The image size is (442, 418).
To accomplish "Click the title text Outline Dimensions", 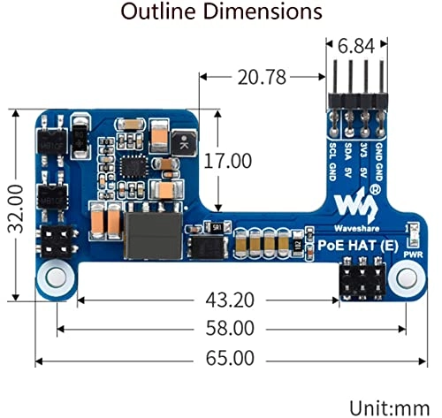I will [x=221, y=12].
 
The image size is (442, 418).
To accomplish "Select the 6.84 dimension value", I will [x=355, y=43].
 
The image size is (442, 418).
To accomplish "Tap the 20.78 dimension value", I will [x=262, y=78].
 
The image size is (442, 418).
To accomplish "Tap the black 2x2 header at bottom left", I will [x=57, y=240].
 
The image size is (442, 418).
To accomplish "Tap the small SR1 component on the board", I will [x=215, y=227].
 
